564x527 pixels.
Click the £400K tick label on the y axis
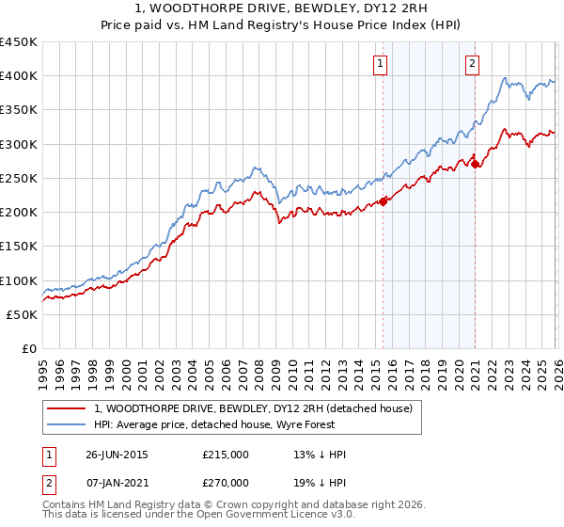(x=19, y=76)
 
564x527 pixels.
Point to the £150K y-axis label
(x=19, y=247)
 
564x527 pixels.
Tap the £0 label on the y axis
(x=28, y=348)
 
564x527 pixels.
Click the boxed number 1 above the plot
(x=381, y=64)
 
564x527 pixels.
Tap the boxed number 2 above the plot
(x=472, y=64)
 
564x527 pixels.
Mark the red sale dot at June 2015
(x=384, y=200)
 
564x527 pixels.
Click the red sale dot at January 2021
(x=476, y=164)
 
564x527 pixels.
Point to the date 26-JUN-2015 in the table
(x=117, y=455)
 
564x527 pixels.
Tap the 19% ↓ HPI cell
(x=321, y=483)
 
